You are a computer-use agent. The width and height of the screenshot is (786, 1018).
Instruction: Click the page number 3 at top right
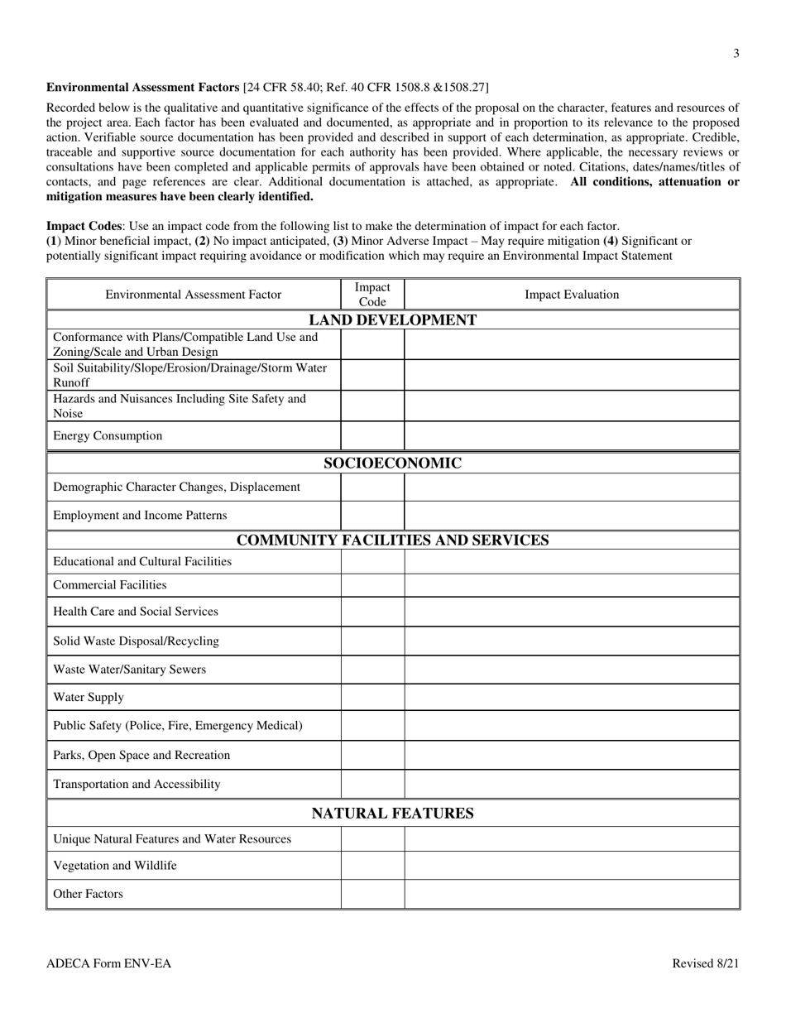(736, 54)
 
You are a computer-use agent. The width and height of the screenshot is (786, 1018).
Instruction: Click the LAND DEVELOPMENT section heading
(392, 320)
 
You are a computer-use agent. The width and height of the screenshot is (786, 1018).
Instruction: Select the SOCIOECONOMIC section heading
(392, 463)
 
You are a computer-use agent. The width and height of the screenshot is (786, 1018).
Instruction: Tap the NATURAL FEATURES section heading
(392, 814)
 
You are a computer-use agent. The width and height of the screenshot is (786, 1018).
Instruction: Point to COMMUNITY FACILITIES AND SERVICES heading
(392, 540)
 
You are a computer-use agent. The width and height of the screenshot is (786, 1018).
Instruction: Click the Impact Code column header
(372, 295)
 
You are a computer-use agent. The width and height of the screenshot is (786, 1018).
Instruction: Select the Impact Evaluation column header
(572, 295)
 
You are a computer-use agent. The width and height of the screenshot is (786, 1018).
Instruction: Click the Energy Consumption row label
(108, 436)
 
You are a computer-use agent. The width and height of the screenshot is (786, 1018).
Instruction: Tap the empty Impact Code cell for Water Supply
(372, 697)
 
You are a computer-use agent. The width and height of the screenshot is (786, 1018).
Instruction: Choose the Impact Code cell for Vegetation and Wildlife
(372, 866)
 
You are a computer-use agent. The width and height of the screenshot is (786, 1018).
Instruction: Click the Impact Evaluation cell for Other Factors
(572, 894)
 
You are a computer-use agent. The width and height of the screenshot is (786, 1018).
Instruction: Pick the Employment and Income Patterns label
(140, 516)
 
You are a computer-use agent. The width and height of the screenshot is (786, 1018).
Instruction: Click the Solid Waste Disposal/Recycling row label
(136, 641)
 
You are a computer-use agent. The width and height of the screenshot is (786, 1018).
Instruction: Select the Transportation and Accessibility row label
(137, 784)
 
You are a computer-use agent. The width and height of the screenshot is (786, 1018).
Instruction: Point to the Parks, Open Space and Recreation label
(141, 755)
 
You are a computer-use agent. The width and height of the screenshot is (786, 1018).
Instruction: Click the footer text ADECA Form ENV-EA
(109, 963)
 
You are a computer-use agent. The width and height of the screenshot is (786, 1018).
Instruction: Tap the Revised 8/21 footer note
(705, 963)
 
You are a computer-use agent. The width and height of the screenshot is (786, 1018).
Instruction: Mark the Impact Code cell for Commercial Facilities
(372, 585)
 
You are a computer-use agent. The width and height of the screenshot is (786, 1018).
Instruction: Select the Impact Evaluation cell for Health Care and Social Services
(572, 612)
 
